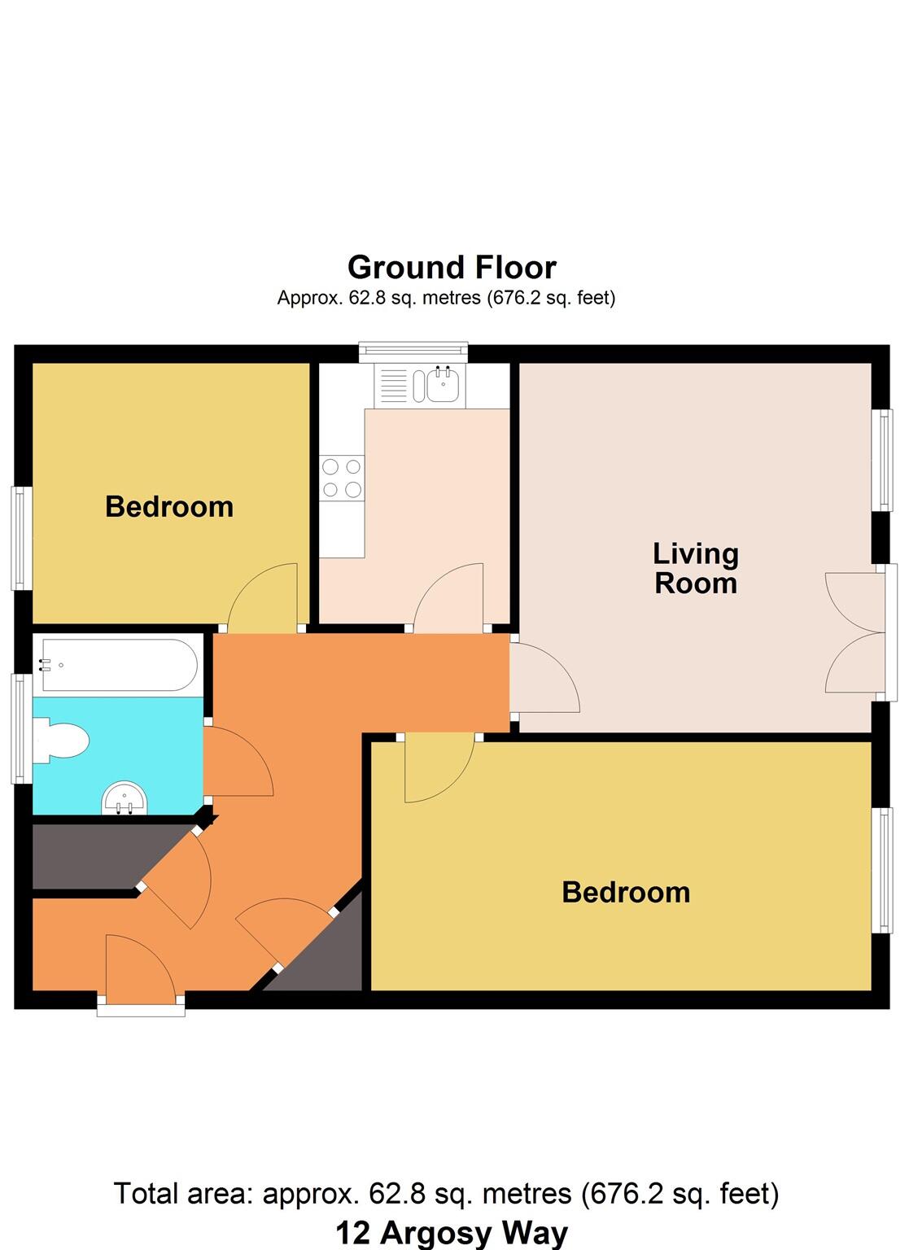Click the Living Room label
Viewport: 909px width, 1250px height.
point(696,568)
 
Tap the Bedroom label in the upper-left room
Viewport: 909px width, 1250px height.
point(169,507)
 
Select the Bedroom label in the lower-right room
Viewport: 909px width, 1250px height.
point(626,893)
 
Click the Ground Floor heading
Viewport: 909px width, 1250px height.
point(452,267)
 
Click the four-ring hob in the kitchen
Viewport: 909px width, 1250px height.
point(342,478)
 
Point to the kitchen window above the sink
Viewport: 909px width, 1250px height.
point(414,351)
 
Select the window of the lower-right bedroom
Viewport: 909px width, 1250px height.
point(881,870)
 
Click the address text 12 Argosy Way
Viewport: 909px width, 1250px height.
point(452,1234)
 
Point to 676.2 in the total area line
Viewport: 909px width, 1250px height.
point(617,1194)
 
